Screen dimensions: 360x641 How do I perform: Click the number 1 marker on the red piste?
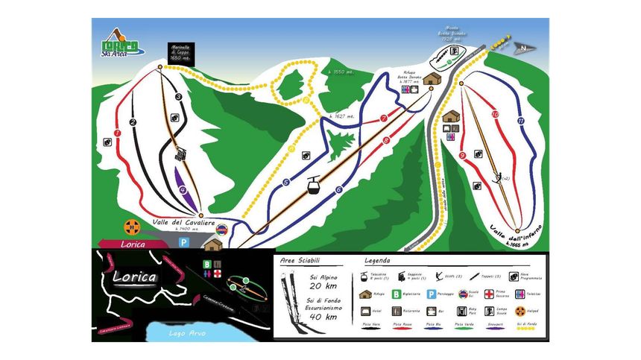(117, 133)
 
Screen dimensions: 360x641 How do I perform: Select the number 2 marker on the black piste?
(133, 121)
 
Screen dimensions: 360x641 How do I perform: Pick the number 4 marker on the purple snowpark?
(183, 189)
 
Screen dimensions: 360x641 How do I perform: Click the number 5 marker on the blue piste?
(285, 182)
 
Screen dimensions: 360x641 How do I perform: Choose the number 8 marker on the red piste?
(385, 139)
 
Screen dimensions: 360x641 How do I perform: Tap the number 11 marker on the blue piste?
(521, 121)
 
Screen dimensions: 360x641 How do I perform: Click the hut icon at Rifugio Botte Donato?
(432, 79)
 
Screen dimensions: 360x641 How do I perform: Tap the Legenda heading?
(378, 261)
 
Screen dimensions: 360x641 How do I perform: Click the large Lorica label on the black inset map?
(134, 278)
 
